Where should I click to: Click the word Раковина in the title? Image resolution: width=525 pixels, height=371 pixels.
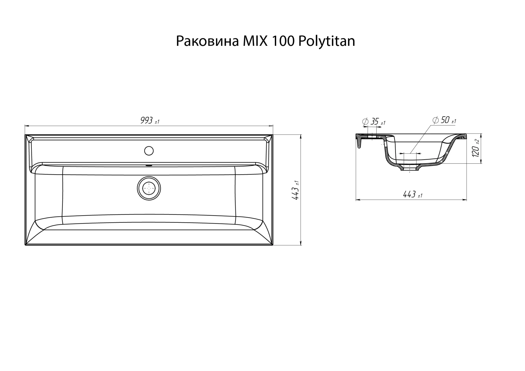[207, 41]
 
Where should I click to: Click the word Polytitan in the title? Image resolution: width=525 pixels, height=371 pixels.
[327, 41]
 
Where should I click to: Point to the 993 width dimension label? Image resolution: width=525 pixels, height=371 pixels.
[147, 120]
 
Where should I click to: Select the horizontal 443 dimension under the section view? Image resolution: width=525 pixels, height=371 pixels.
[409, 194]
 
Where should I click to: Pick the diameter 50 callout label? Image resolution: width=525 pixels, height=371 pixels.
[445, 120]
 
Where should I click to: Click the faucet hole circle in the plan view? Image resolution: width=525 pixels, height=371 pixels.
[149, 151]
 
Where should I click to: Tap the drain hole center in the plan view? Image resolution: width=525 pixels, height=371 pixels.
[149, 188]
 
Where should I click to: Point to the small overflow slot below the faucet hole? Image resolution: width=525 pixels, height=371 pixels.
[149, 166]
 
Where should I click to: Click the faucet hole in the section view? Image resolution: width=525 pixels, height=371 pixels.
[372, 136]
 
